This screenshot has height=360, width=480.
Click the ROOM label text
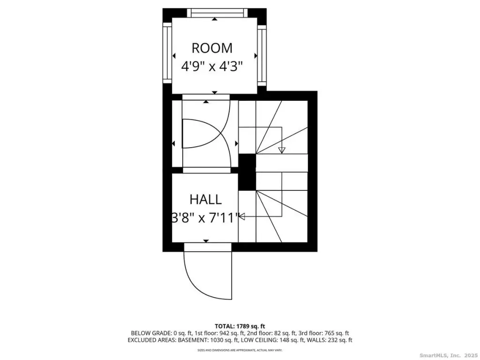[x=212, y=48]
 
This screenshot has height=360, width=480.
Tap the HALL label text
[x=205, y=200]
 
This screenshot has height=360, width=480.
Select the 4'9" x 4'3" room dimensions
[x=212, y=66]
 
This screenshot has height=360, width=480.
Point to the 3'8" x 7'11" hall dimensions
[x=205, y=217]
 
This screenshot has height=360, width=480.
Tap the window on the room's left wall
[x=167, y=52]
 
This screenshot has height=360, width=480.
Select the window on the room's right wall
[x=262, y=55]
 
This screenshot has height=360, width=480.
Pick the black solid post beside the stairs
[x=247, y=172]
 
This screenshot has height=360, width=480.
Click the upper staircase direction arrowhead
[x=282, y=150]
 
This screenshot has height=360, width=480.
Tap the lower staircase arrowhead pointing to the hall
[x=242, y=217]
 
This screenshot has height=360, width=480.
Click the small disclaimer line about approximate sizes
[x=240, y=350]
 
